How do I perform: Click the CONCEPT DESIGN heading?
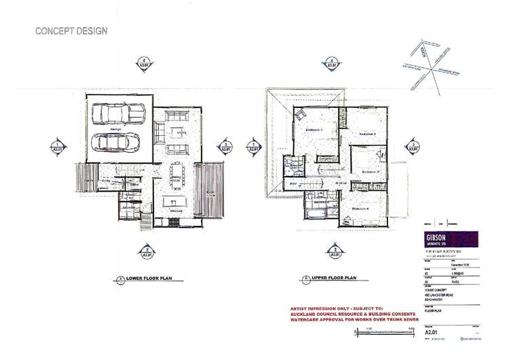click(x=67, y=31)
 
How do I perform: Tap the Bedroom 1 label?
click(x=314, y=129)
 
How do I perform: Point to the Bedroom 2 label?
click(x=367, y=134)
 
